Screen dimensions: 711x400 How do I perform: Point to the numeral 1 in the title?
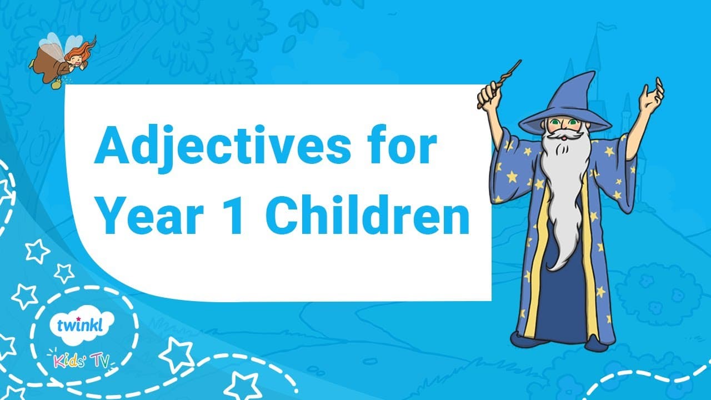point(235,214)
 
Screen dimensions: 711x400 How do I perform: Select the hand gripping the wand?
point(490,94)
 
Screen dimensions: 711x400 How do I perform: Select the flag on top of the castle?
point(602,28)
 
